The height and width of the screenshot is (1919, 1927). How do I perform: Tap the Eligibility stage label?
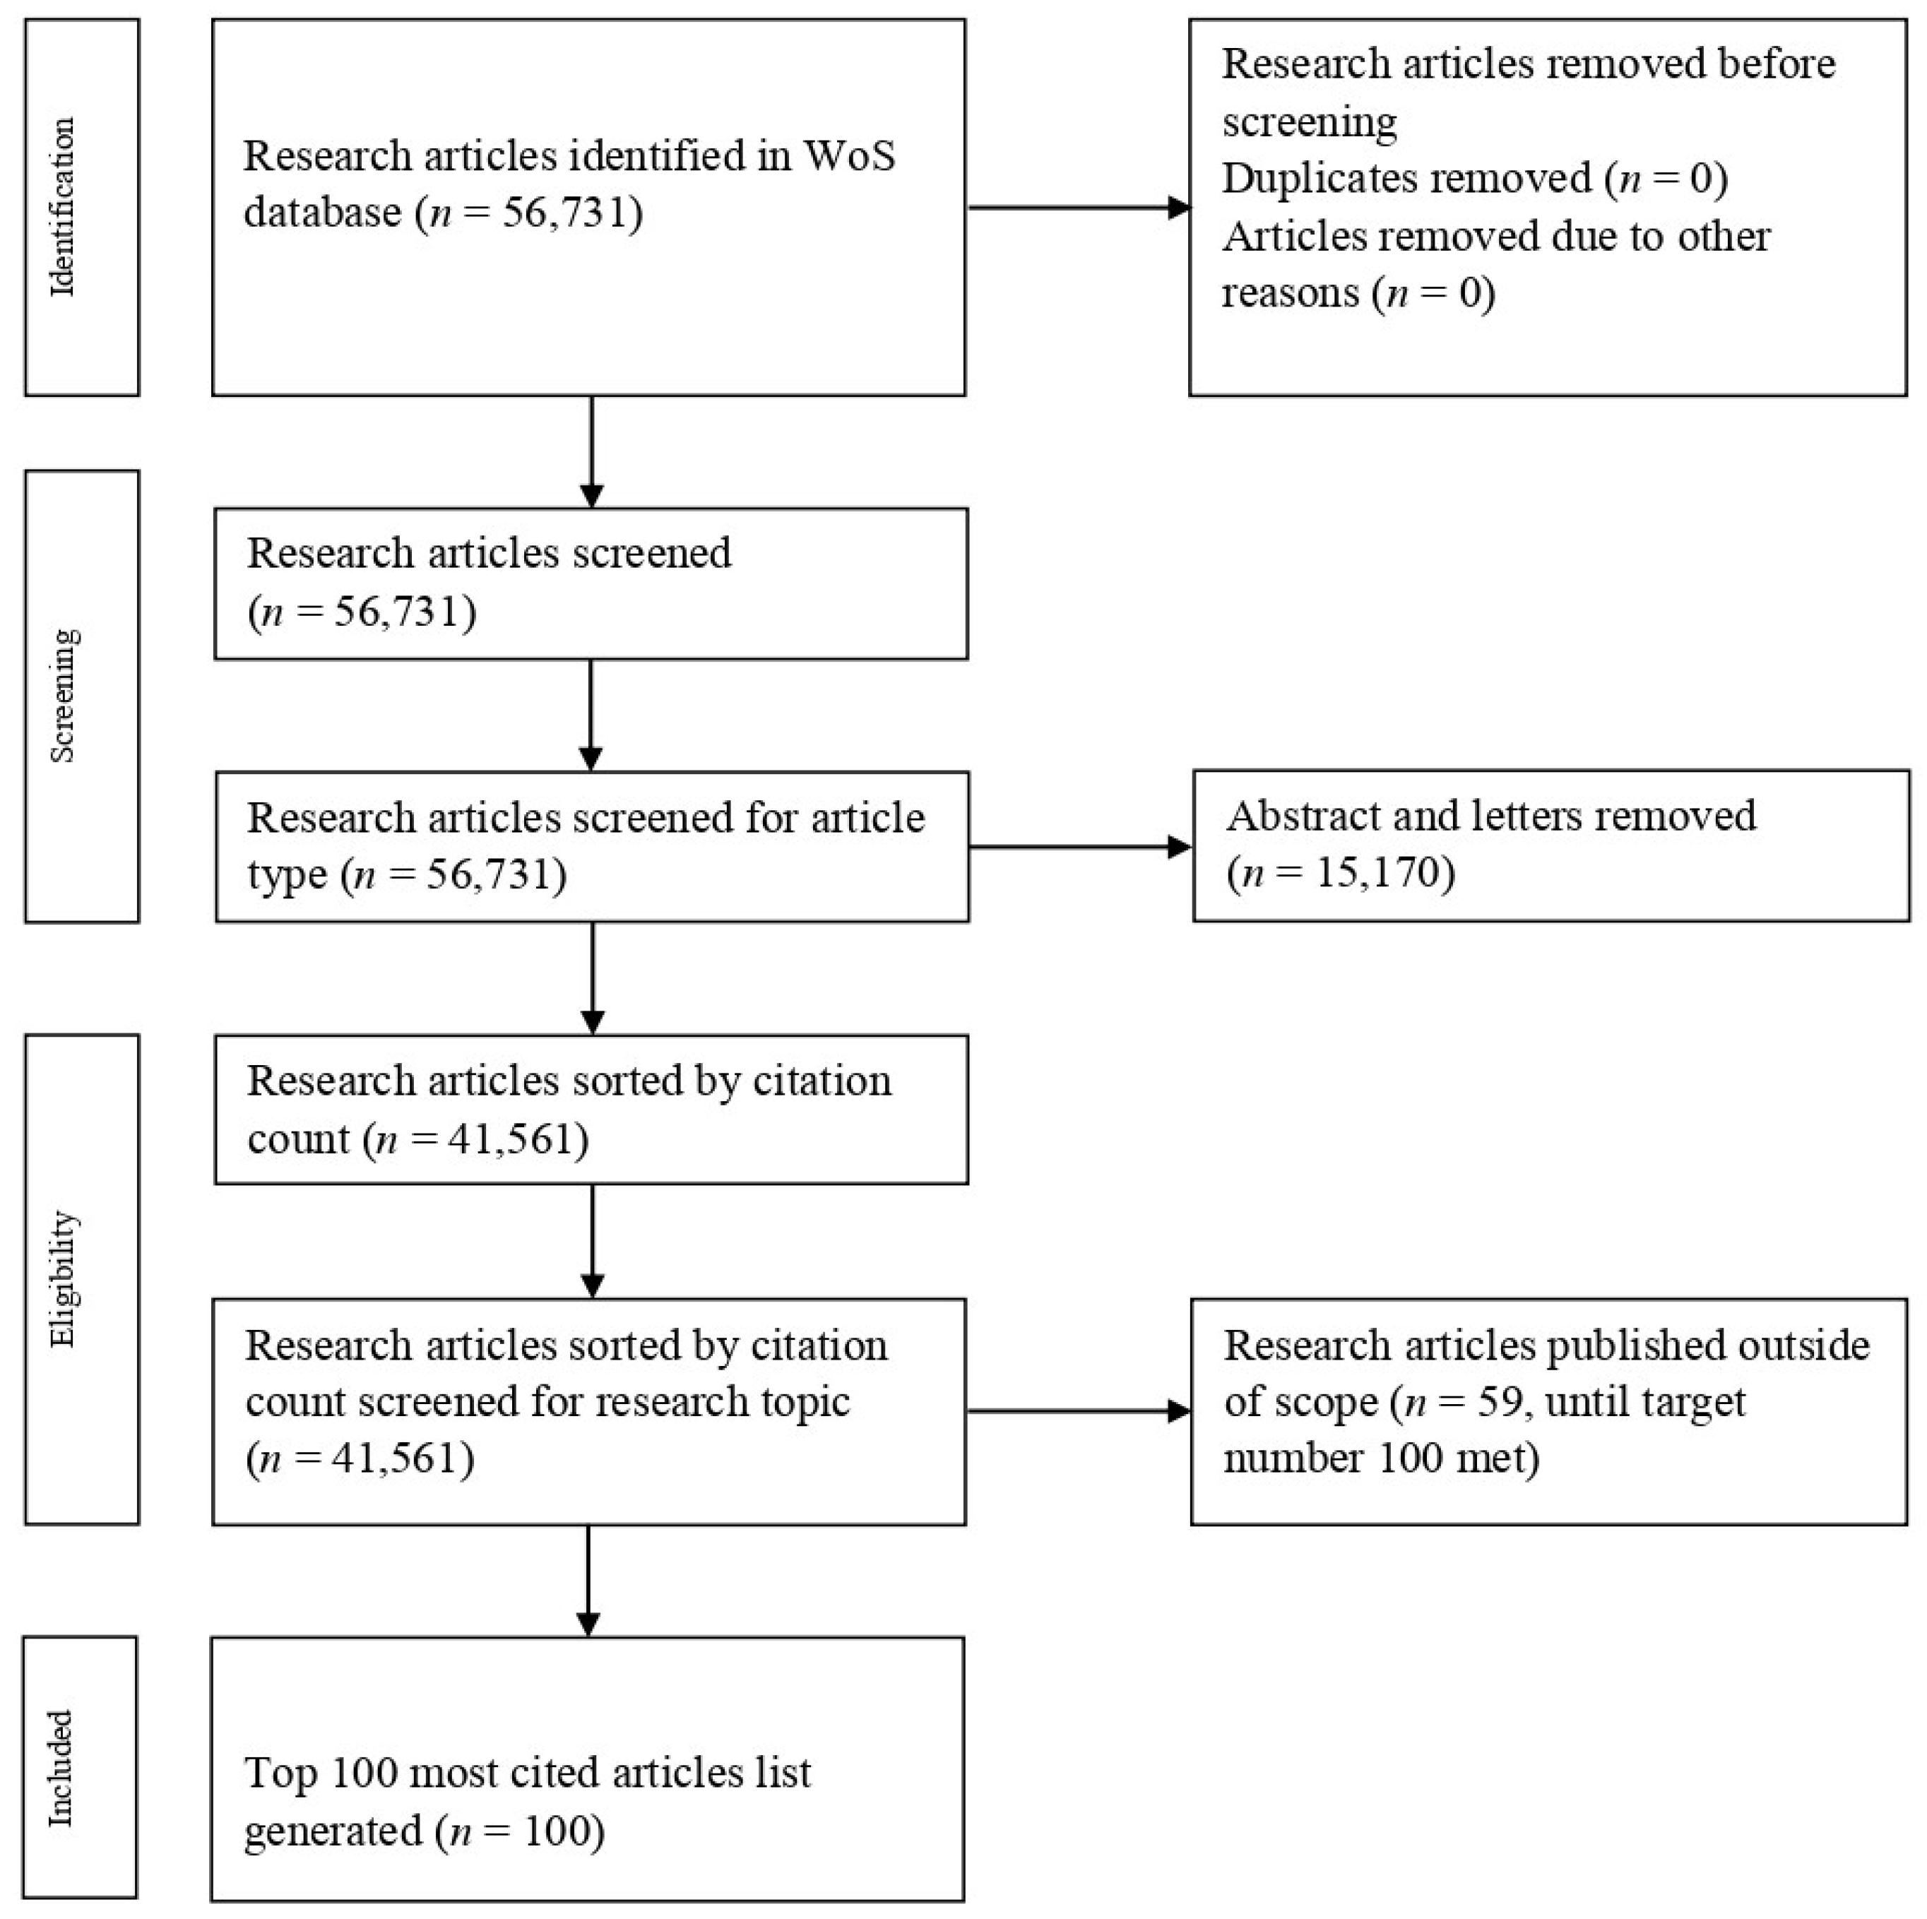[63, 1280]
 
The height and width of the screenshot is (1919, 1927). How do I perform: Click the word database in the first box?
[322, 213]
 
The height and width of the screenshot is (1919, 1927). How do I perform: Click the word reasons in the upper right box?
[1291, 293]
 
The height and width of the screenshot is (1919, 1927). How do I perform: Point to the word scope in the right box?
[1327, 1401]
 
